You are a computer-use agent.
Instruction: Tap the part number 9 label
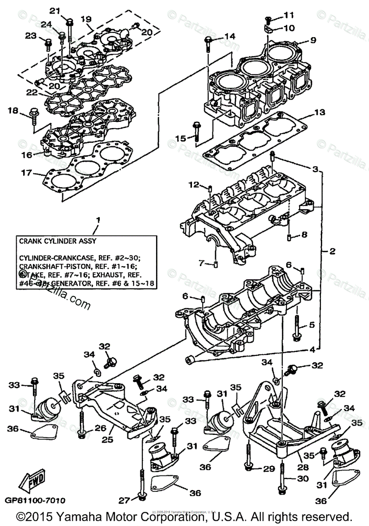pos(313,40)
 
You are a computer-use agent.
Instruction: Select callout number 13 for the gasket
pos(319,113)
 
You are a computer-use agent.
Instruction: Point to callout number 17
pos(26,173)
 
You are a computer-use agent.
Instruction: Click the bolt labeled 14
pos(208,44)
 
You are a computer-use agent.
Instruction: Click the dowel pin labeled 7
pos(216,264)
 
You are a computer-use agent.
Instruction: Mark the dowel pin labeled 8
pos(290,237)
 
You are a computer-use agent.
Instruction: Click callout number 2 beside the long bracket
pos(332,251)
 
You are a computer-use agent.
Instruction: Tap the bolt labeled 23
pos(48,43)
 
